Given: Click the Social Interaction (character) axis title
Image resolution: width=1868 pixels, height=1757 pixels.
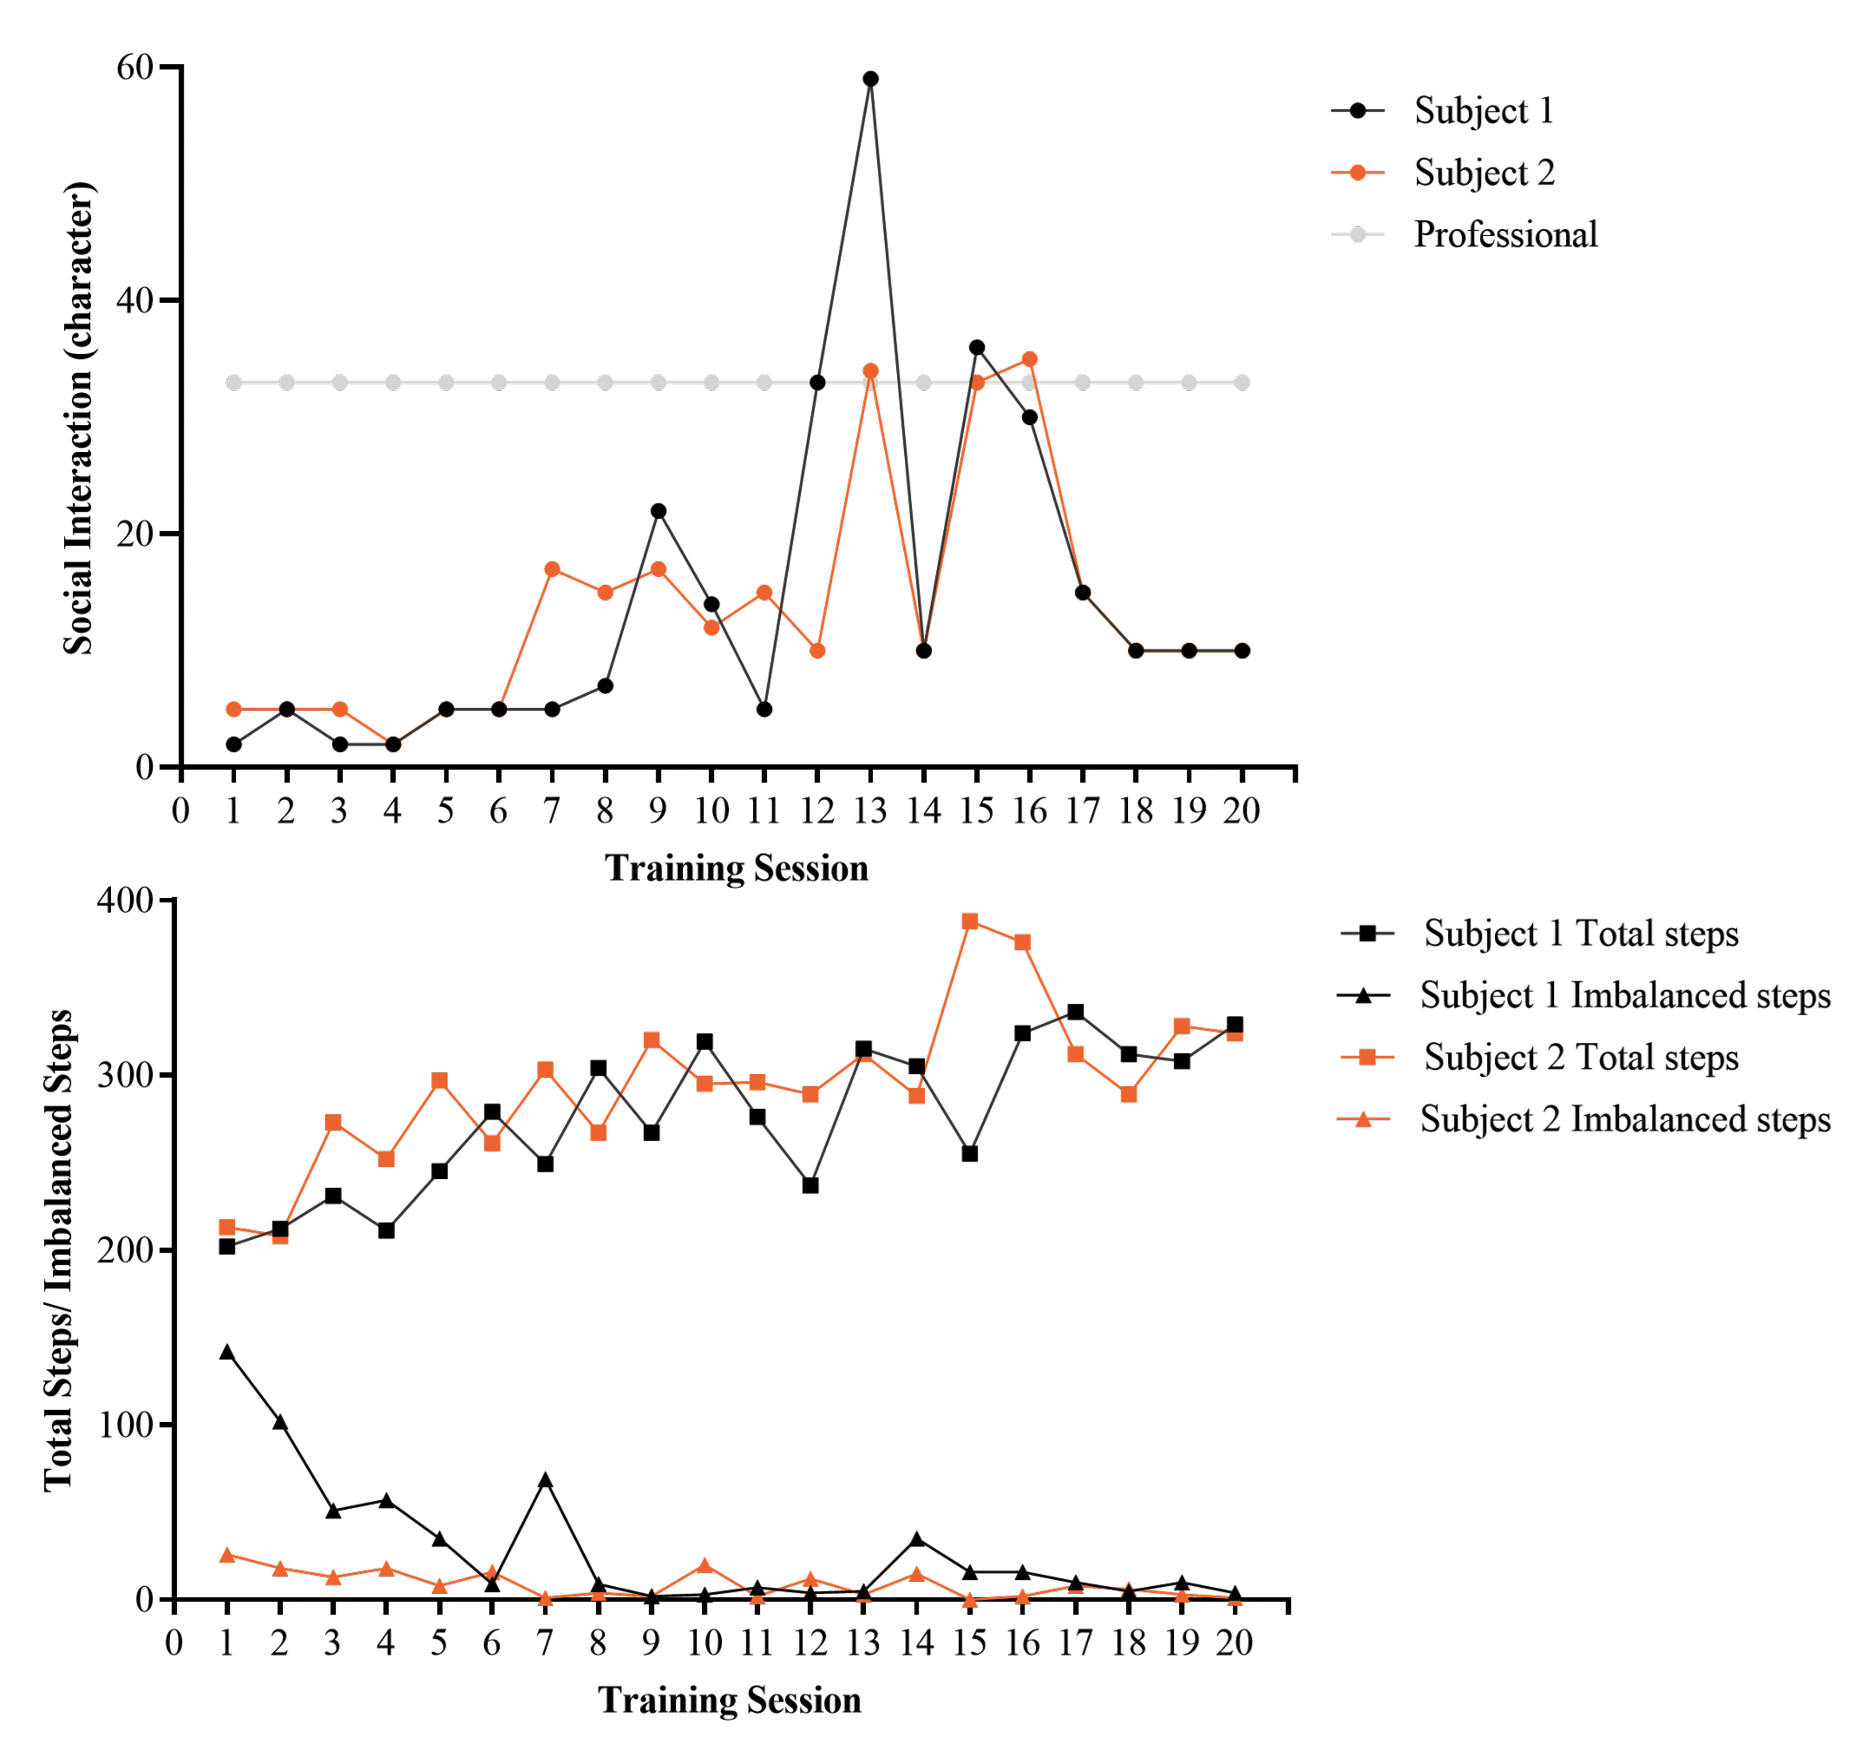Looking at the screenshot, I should pyautogui.click(x=79, y=418).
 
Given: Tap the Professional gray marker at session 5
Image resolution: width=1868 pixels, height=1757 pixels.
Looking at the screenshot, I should pyautogui.click(x=447, y=382).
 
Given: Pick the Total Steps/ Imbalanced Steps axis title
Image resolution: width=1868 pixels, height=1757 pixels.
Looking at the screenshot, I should pyautogui.click(x=58, y=1250).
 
